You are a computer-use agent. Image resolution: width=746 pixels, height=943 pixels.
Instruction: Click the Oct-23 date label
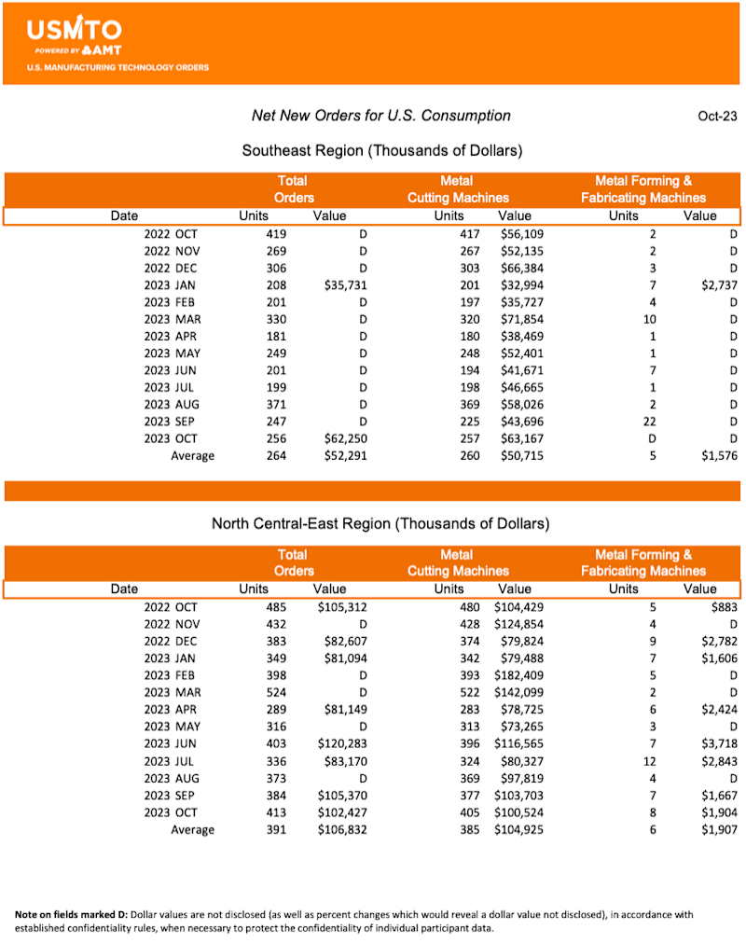coord(717,117)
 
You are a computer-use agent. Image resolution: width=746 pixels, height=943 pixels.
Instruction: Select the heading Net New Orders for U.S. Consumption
coord(381,116)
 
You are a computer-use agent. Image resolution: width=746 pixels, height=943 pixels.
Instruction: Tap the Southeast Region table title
coord(381,150)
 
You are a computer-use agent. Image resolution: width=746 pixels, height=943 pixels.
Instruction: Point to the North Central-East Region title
coord(380,523)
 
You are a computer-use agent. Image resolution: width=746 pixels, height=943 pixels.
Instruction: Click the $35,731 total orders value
coord(343,284)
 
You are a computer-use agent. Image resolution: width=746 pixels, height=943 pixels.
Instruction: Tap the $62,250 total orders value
coord(343,438)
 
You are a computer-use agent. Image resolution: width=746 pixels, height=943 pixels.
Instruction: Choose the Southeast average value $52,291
coord(343,456)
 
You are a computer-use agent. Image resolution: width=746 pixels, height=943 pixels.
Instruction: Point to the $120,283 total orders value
coord(340,743)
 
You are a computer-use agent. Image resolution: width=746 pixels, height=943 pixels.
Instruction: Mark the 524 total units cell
coord(276,692)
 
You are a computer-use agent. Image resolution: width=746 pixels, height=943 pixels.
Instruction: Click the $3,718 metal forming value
coord(718,743)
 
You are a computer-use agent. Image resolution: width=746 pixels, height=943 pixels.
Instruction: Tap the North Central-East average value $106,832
coord(340,829)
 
